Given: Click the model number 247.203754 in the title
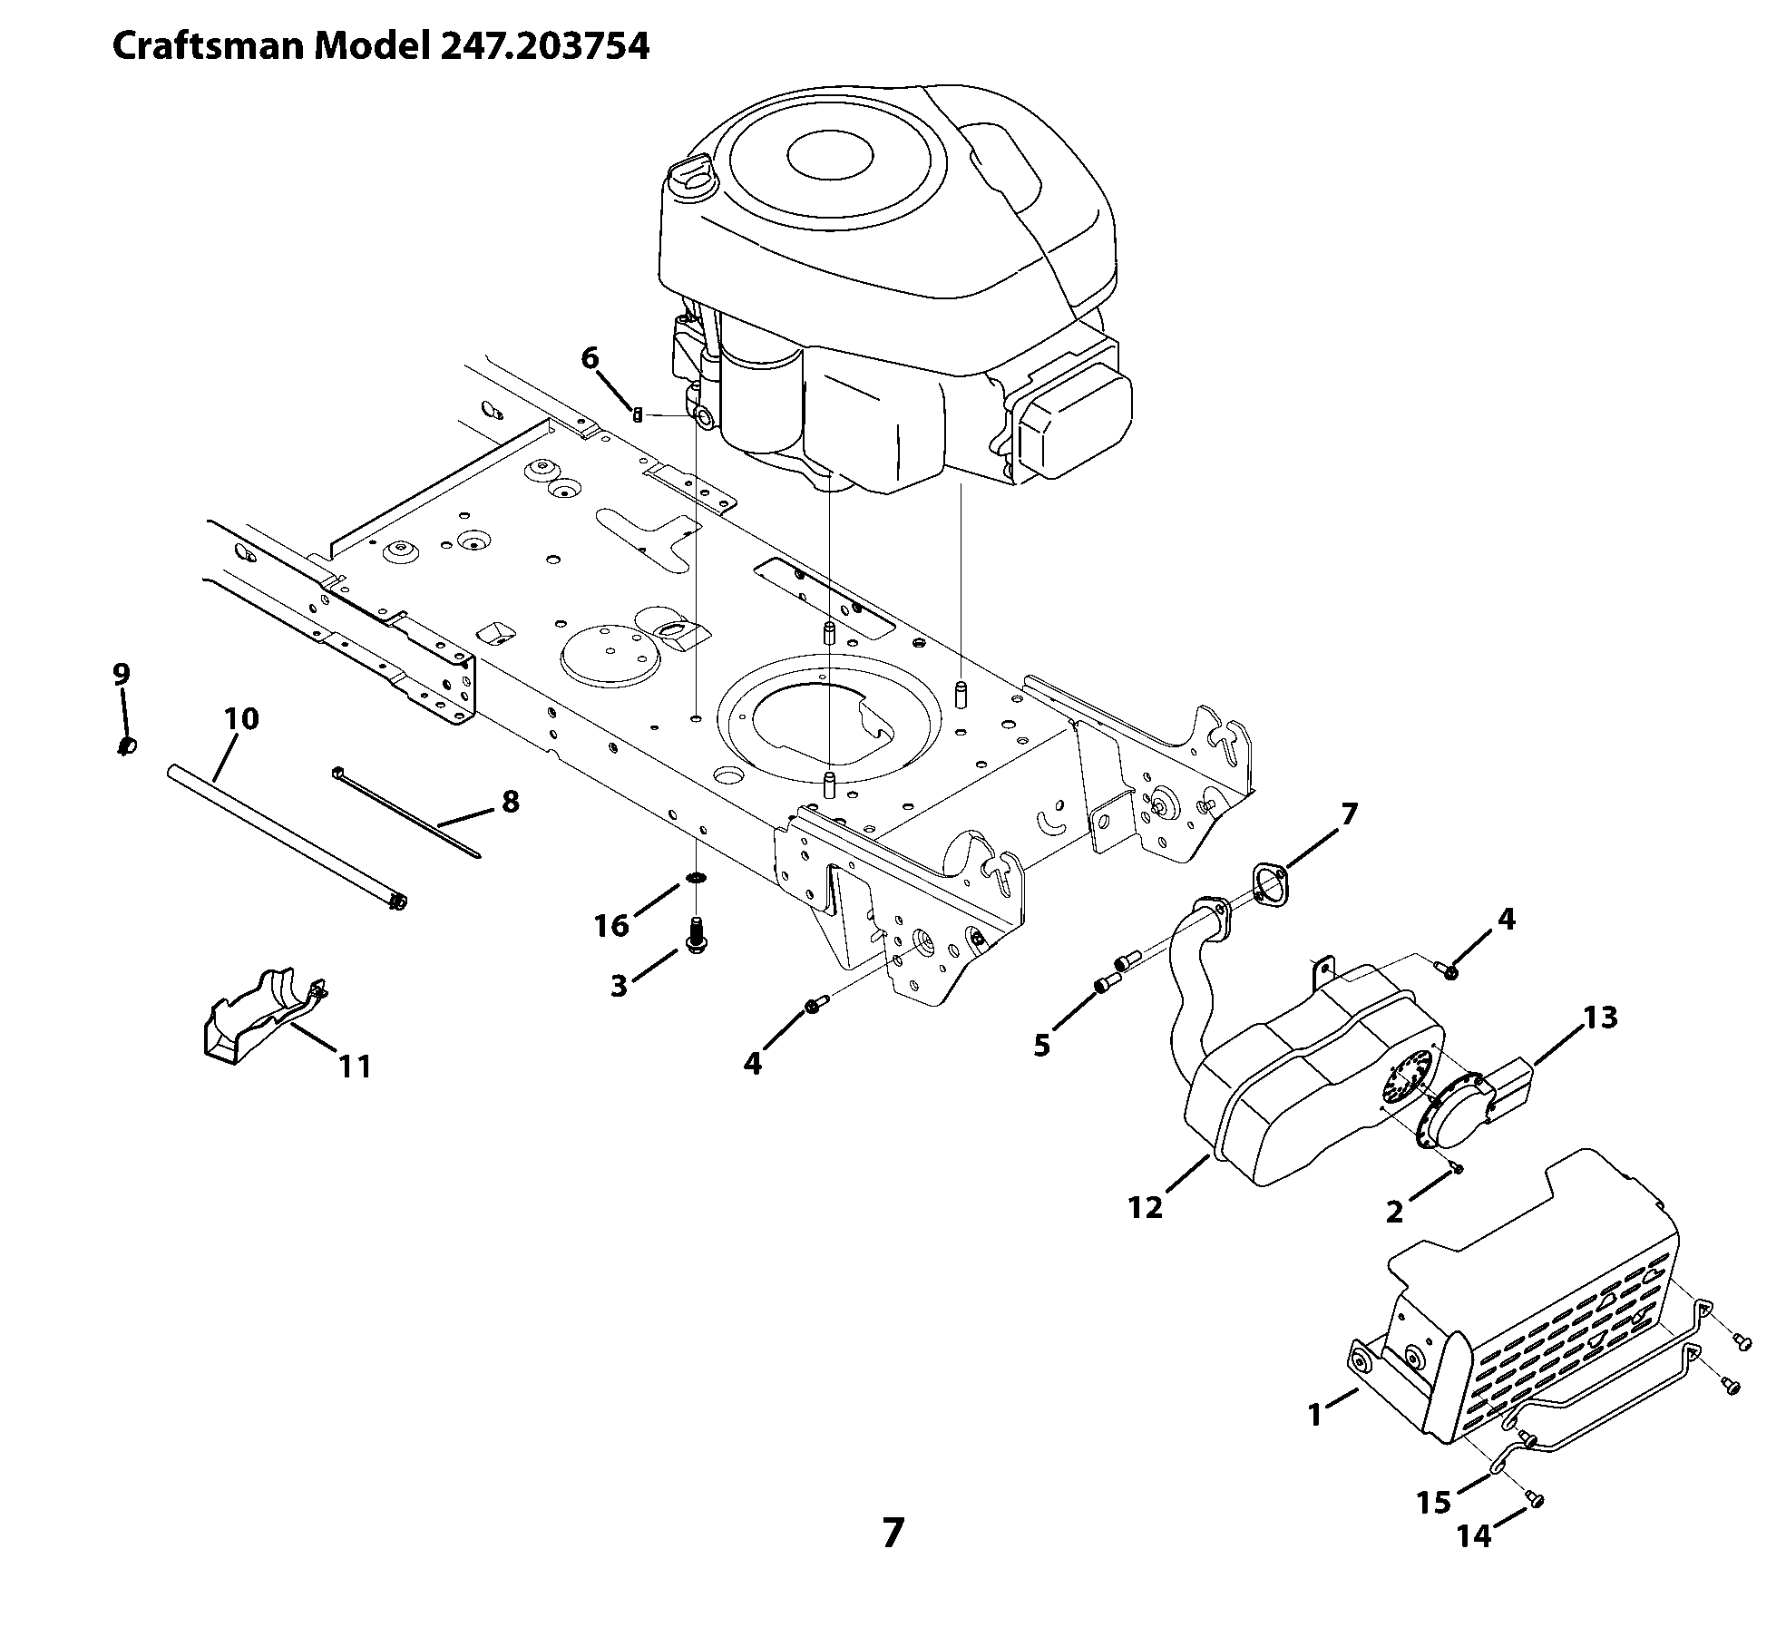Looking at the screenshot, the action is coord(545,46).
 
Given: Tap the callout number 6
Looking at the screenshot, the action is coord(590,359).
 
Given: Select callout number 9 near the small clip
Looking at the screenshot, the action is coord(122,675).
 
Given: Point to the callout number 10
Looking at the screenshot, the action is coord(241,719).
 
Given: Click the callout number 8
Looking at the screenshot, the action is coord(510,802).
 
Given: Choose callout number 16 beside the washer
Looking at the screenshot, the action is coord(611,926).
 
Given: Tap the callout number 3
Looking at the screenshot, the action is coord(619,986).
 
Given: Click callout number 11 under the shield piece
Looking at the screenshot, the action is coord(355,1067).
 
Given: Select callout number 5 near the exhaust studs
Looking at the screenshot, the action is coord(1041,1046).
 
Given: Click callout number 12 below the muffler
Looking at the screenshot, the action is coord(1146,1208).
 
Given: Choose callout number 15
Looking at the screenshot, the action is coord(1434,1504).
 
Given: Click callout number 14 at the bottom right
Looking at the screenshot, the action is coord(1474,1536).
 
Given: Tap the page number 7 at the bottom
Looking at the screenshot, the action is coord(893,1533).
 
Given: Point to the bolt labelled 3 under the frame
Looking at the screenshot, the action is coord(697,936).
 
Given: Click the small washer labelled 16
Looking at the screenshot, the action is coord(696,878).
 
